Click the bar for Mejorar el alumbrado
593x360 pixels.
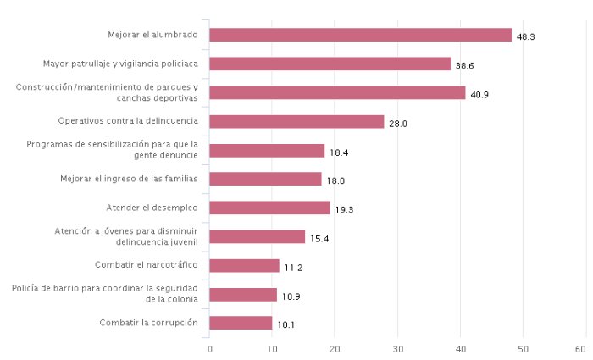(360, 35)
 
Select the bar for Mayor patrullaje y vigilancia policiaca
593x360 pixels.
(330, 64)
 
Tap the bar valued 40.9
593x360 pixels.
(337, 92)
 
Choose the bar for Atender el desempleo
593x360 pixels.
(269, 208)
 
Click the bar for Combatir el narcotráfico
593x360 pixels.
(244, 265)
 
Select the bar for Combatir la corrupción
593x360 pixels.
(241, 323)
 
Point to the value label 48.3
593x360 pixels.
(525, 37)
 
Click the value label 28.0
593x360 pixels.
(398, 124)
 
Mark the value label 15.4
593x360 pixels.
(319, 239)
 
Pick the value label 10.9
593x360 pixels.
(291, 296)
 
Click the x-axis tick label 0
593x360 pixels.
(209, 349)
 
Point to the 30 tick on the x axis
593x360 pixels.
(397, 349)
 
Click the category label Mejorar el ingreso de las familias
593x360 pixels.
(129, 179)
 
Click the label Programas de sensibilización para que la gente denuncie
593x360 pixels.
(112, 150)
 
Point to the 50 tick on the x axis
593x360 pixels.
(523, 349)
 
